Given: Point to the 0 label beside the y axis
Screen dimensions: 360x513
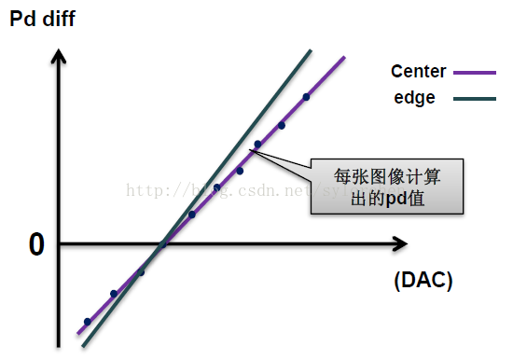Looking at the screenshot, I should tap(36, 244).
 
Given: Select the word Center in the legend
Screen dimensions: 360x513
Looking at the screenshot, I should tap(419, 72).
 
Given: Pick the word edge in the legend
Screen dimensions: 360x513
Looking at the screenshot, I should tap(413, 97).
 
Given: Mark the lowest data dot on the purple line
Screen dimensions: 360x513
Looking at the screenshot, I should tap(88, 322).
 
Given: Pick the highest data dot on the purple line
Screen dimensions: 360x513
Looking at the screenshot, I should tap(306, 96).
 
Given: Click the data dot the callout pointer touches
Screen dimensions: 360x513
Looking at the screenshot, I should tap(257, 144).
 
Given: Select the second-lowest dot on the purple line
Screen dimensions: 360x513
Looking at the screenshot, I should tap(114, 293).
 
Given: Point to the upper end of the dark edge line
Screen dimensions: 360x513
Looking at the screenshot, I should tap(309, 50).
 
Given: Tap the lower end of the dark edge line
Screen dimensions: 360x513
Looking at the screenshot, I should tap(83, 346).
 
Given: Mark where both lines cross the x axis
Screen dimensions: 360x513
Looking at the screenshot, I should tap(163, 244).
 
